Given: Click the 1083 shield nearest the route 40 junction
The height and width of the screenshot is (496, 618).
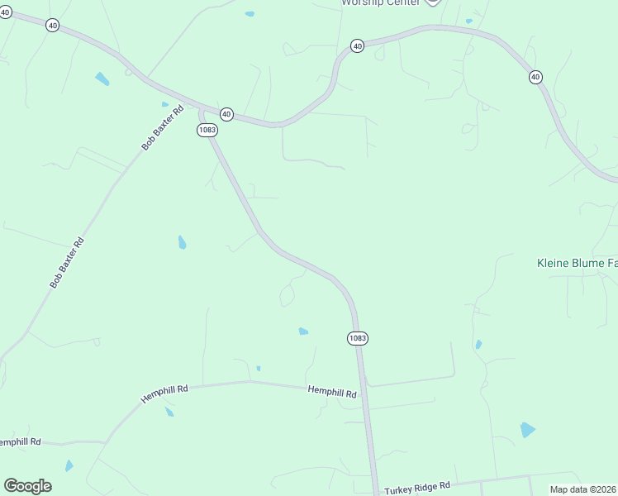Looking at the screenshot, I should (207, 131).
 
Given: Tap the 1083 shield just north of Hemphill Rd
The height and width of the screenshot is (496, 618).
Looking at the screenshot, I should (357, 338).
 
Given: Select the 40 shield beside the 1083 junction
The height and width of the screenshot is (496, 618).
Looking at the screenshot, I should (226, 113).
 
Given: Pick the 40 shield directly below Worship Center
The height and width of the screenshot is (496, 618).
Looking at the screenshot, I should (357, 46).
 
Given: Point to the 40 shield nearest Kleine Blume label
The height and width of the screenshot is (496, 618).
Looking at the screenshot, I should (535, 77).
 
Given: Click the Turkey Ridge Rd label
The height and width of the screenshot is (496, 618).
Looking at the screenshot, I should (416, 487).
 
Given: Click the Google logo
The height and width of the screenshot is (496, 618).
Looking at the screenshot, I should (27, 486).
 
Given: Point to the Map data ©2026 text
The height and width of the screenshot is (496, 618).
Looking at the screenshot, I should (583, 489).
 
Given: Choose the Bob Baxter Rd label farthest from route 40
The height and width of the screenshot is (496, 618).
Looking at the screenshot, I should (67, 263).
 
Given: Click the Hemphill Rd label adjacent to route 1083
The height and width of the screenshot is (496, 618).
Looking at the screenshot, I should (332, 392).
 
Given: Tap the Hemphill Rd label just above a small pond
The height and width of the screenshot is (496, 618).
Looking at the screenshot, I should (164, 393).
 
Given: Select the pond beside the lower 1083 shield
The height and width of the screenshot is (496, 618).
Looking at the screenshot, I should (303, 331).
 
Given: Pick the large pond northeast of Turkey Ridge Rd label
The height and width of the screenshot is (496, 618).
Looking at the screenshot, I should (527, 430).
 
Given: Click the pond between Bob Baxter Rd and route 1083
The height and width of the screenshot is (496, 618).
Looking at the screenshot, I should (182, 242).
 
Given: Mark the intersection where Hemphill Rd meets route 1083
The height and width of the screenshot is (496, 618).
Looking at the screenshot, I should (362, 386).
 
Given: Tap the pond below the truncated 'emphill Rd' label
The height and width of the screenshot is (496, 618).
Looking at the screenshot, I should (69, 465).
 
